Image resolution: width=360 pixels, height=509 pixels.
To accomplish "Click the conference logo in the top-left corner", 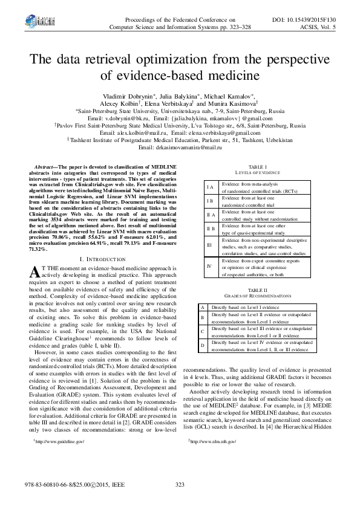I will coord(28,24).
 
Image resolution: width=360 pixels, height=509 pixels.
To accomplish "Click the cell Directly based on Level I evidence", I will coord(237,308).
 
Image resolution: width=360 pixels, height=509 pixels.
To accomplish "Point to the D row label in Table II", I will coord(202,345).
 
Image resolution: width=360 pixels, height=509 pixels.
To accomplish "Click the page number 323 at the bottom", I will coord(180,485).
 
